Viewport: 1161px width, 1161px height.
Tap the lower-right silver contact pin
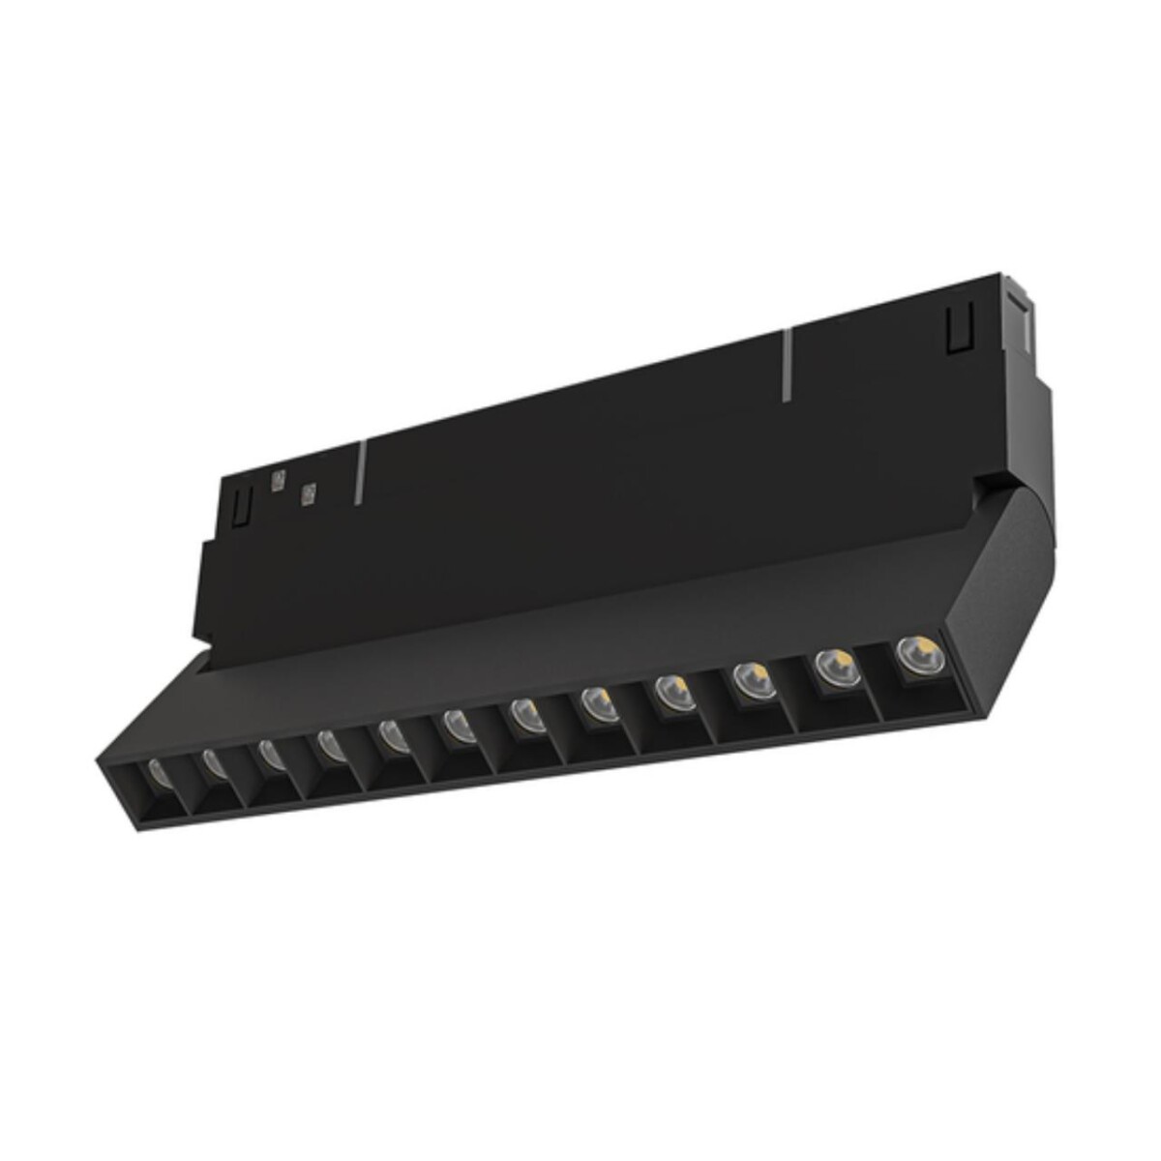coord(309,494)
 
